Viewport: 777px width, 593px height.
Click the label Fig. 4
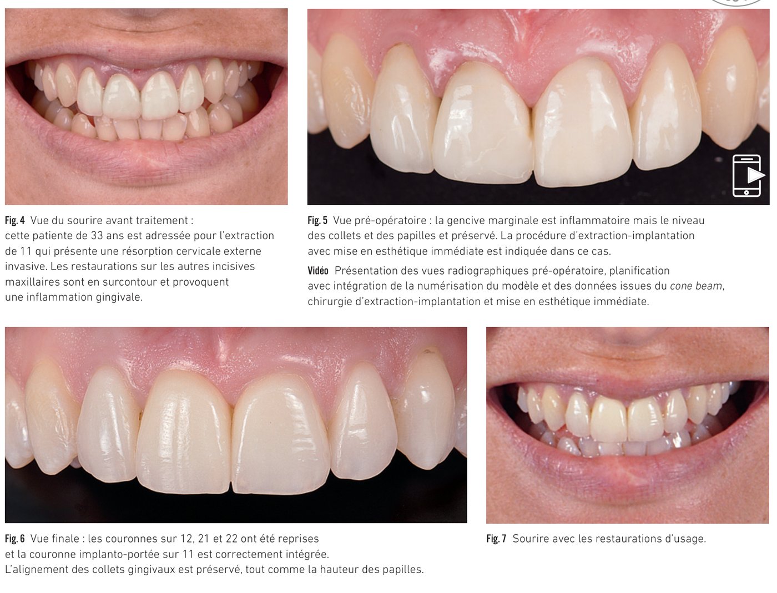pyautogui.click(x=15, y=220)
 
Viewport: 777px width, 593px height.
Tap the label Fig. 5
pyautogui.click(x=317, y=220)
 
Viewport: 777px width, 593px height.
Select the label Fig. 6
pyautogui.click(x=15, y=539)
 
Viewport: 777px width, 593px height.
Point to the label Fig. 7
pyautogui.click(x=496, y=539)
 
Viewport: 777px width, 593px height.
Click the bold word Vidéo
pyautogui.click(x=318, y=271)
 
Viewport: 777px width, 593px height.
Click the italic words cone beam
pyautogui.click(x=696, y=286)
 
